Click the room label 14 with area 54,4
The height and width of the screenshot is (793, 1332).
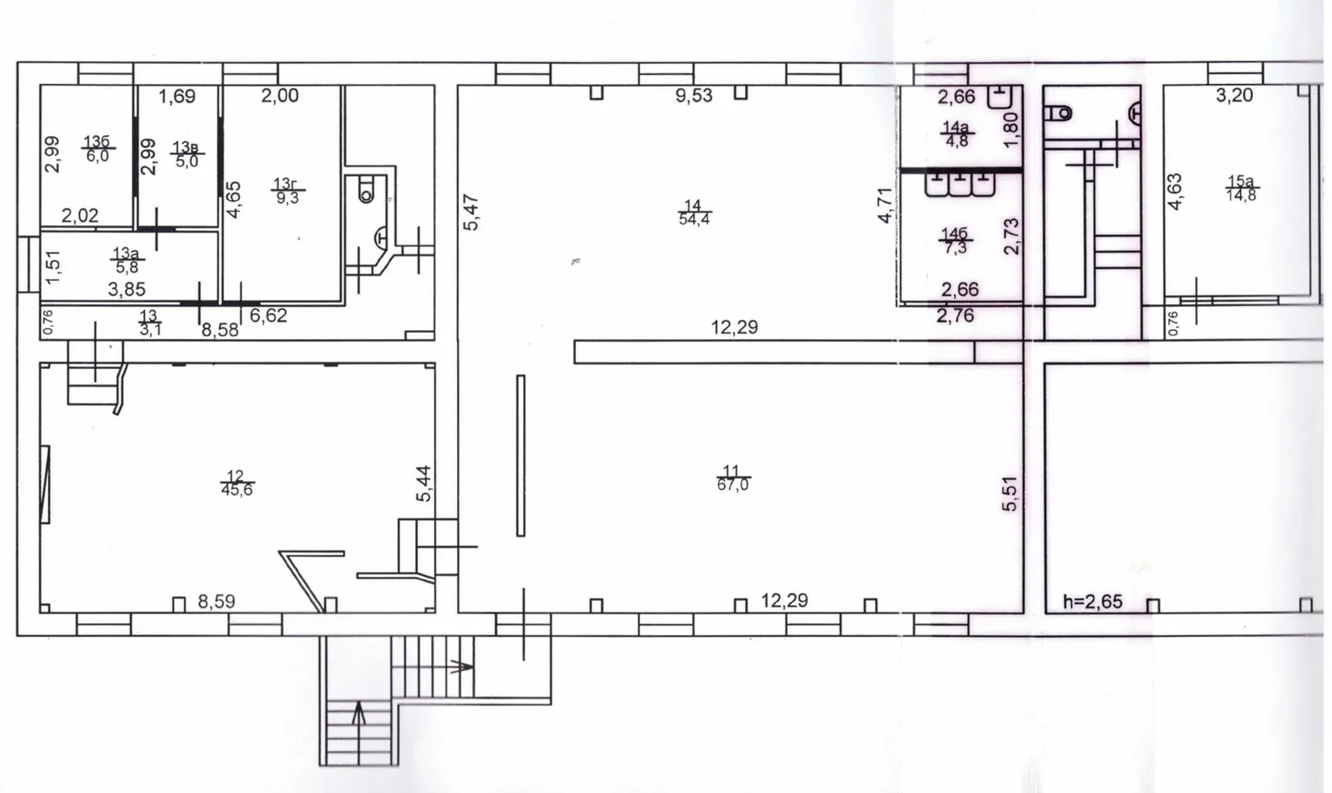tap(694, 213)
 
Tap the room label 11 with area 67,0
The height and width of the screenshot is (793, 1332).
tap(733, 478)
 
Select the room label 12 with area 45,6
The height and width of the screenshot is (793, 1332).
tap(237, 483)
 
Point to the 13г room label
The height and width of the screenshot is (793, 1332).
tap(287, 190)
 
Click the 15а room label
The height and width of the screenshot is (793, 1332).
tap(1242, 188)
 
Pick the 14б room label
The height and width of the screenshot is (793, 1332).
tap(955, 240)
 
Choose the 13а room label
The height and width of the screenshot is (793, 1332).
tap(127, 260)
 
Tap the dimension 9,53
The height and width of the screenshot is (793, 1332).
tap(694, 95)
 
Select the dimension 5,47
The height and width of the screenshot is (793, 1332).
tap(471, 212)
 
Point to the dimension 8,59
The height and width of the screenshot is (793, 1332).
tap(217, 601)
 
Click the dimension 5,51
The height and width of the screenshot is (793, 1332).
tap(1010, 493)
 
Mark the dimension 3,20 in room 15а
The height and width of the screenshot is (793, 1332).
tap(1234, 95)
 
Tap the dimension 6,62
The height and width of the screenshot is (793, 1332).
tap(268, 315)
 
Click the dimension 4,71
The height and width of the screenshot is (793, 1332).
tap(885, 205)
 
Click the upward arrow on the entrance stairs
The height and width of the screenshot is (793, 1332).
tap(358, 713)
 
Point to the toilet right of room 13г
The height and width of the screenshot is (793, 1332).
tap(366, 188)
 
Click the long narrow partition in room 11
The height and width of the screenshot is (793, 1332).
tap(521, 456)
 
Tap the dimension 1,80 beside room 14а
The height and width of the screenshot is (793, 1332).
tap(1010, 130)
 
